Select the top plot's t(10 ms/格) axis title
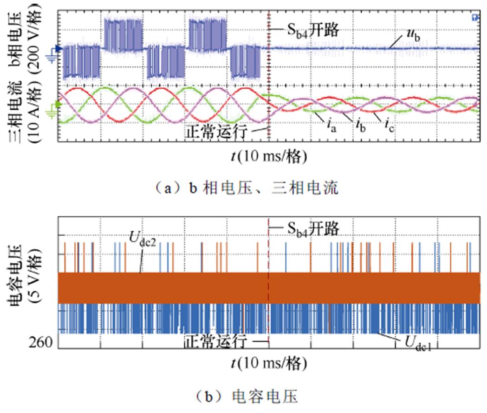coord(269,156)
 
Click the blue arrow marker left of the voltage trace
coord(58,48)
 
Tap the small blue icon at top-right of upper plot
coord(474,18)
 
